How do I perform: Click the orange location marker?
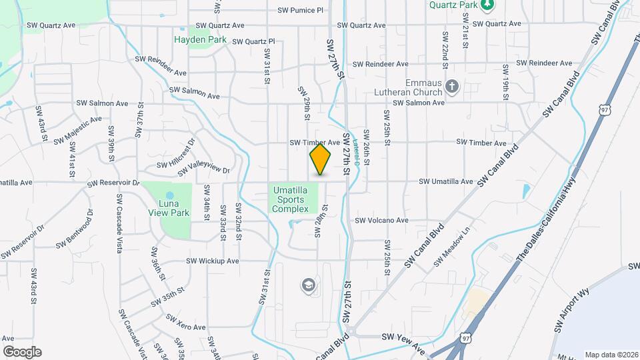click(x=321, y=159)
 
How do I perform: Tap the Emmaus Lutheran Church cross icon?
click(x=452, y=87)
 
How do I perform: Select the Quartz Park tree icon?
click(x=489, y=5)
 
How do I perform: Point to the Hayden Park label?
click(x=201, y=40)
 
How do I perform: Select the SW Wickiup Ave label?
click(x=212, y=261)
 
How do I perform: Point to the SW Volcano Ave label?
click(x=381, y=220)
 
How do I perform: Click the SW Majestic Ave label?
click(x=78, y=131)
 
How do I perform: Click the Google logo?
click(x=22, y=352)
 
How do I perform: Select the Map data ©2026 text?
click(x=611, y=355)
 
